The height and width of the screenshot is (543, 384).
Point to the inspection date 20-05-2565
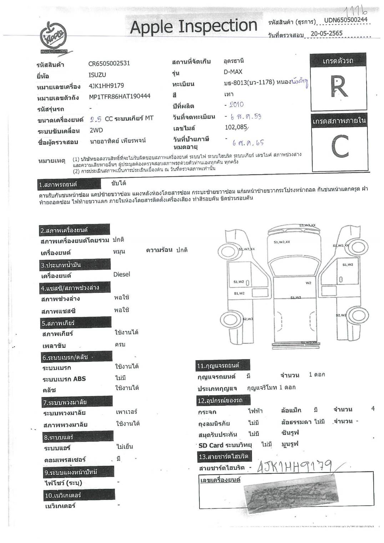click(327, 34)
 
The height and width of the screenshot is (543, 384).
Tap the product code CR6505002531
click(109, 64)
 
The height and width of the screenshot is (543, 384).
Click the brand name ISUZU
click(97, 75)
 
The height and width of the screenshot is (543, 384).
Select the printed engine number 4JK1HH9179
click(106, 86)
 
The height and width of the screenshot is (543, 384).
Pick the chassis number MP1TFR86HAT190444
click(120, 96)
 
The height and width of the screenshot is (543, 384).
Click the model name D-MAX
click(233, 72)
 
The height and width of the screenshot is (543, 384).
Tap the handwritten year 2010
click(236, 105)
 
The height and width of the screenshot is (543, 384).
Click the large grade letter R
click(338, 87)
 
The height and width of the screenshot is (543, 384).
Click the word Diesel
click(122, 274)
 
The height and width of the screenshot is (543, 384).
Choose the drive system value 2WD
click(96, 131)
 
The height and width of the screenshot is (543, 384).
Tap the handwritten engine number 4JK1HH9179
click(294, 466)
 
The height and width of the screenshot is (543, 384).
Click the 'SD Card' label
click(211, 445)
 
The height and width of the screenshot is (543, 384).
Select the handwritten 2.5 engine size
click(96, 120)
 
